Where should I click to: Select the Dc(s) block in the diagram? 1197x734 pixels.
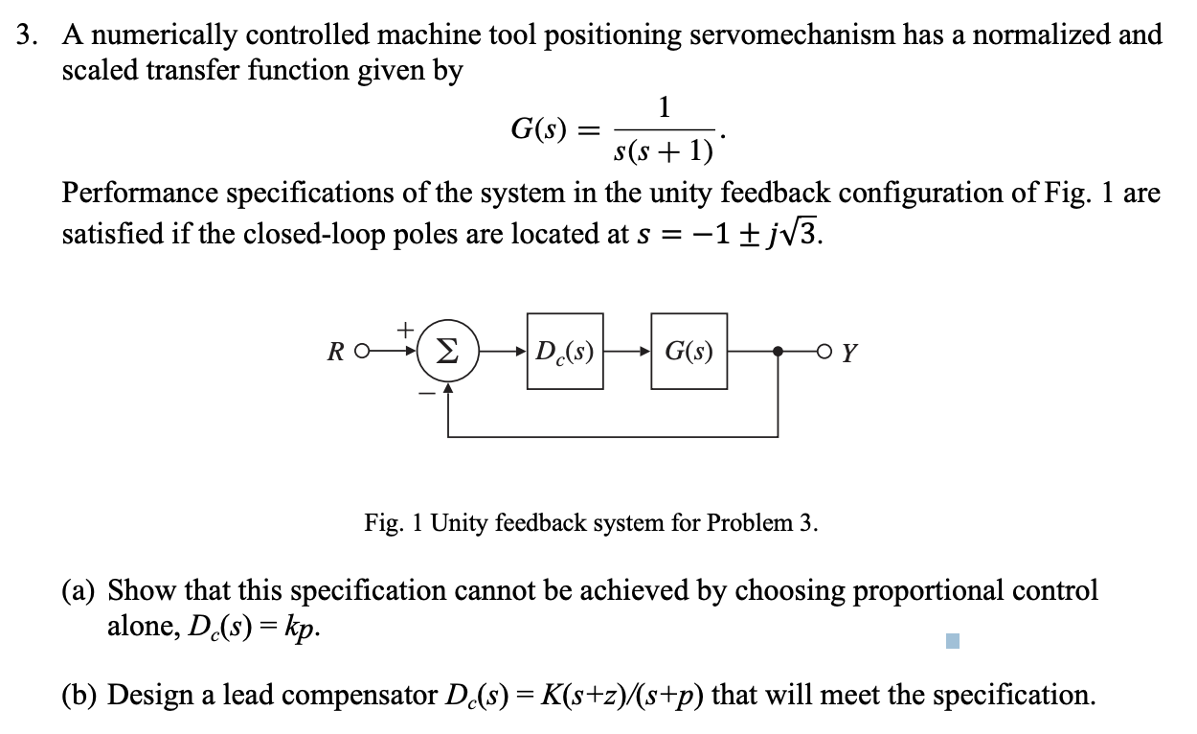click(x=565, y=352)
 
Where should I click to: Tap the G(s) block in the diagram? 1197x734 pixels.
click(x=689, y=352)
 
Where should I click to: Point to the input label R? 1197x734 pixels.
click(x=335, y=353)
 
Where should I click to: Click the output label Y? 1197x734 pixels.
click(x=852, y=353)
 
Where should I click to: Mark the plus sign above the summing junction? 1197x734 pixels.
click(x=405, y=329)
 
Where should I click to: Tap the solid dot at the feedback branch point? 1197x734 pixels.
click(x=779, y=352)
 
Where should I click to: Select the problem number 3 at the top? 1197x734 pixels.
click(x=28, y=36)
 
